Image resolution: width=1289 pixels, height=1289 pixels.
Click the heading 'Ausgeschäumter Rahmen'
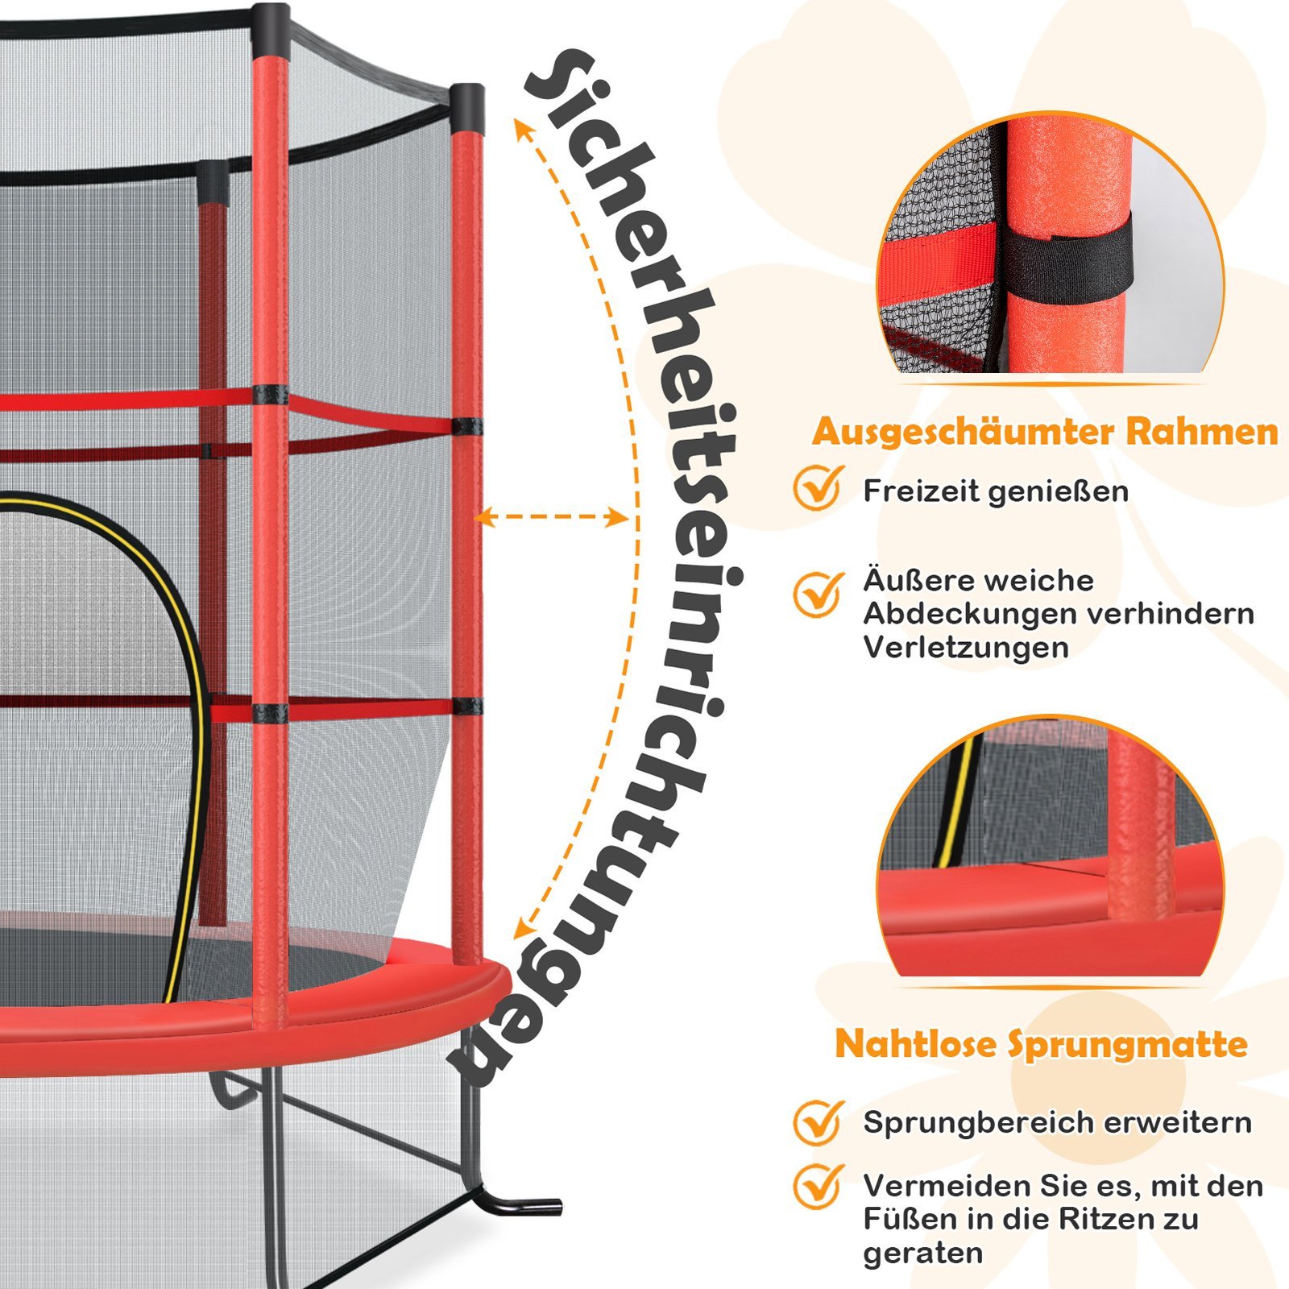(x=1045, y=433)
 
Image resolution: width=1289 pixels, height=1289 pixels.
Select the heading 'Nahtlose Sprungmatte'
(x=1041, y=1045)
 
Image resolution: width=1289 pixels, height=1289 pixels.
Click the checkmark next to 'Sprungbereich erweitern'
(x=819, y=1122)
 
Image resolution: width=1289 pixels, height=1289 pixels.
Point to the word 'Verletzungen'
(x=966, y=647)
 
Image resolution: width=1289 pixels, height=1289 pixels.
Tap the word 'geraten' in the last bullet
(x=923, y=1255)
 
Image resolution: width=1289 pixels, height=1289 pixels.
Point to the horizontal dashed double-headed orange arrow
(x=552, y=517)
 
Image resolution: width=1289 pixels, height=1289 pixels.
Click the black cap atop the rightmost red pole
(x=467, y=109)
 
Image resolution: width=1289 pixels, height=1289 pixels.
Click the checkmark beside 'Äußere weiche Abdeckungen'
(x=819, y=594)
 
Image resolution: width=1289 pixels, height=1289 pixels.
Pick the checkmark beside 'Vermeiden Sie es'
(x=819, y=1187)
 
